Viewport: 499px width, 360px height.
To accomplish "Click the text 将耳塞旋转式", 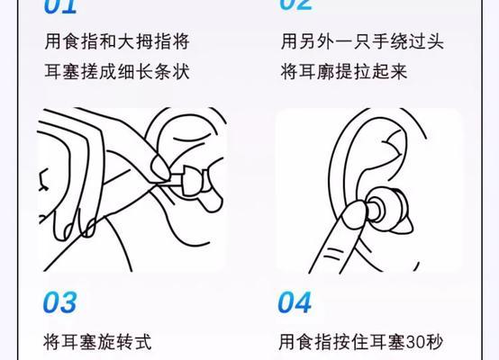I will coord(96,342).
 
